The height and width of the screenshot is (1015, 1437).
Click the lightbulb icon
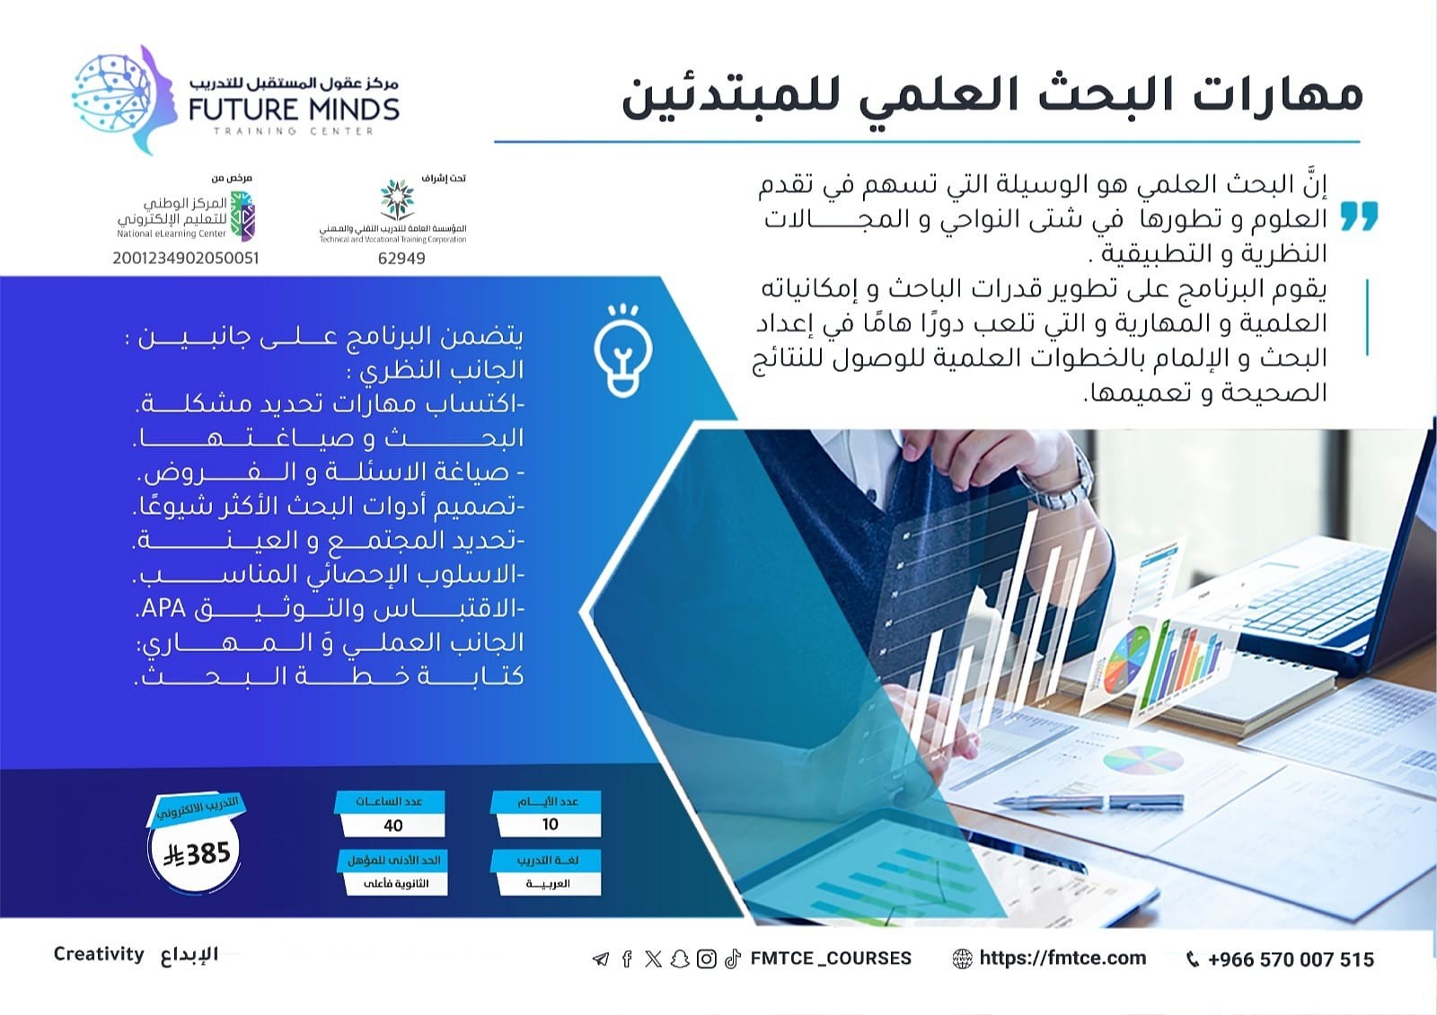623,350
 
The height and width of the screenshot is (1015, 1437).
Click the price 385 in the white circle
197,854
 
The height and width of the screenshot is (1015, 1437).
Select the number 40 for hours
392,825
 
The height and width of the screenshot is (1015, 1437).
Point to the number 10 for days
550,825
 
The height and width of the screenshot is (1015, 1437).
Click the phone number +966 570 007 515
1291,959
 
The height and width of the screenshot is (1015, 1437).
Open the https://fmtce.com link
1062,958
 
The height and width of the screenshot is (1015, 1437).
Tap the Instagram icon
706,959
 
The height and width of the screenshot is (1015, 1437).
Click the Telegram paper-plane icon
601,959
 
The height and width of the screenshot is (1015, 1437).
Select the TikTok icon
733,959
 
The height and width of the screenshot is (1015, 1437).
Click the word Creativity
99,954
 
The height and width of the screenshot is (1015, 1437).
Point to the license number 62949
401,258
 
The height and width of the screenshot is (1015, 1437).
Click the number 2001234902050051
186,258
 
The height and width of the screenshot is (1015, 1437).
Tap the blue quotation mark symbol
1359,216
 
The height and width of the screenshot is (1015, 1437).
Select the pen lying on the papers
1089,802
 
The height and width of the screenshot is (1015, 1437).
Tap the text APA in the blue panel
163,608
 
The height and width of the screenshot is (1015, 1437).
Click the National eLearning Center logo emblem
242,216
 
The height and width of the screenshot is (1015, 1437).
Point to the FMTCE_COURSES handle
831,958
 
